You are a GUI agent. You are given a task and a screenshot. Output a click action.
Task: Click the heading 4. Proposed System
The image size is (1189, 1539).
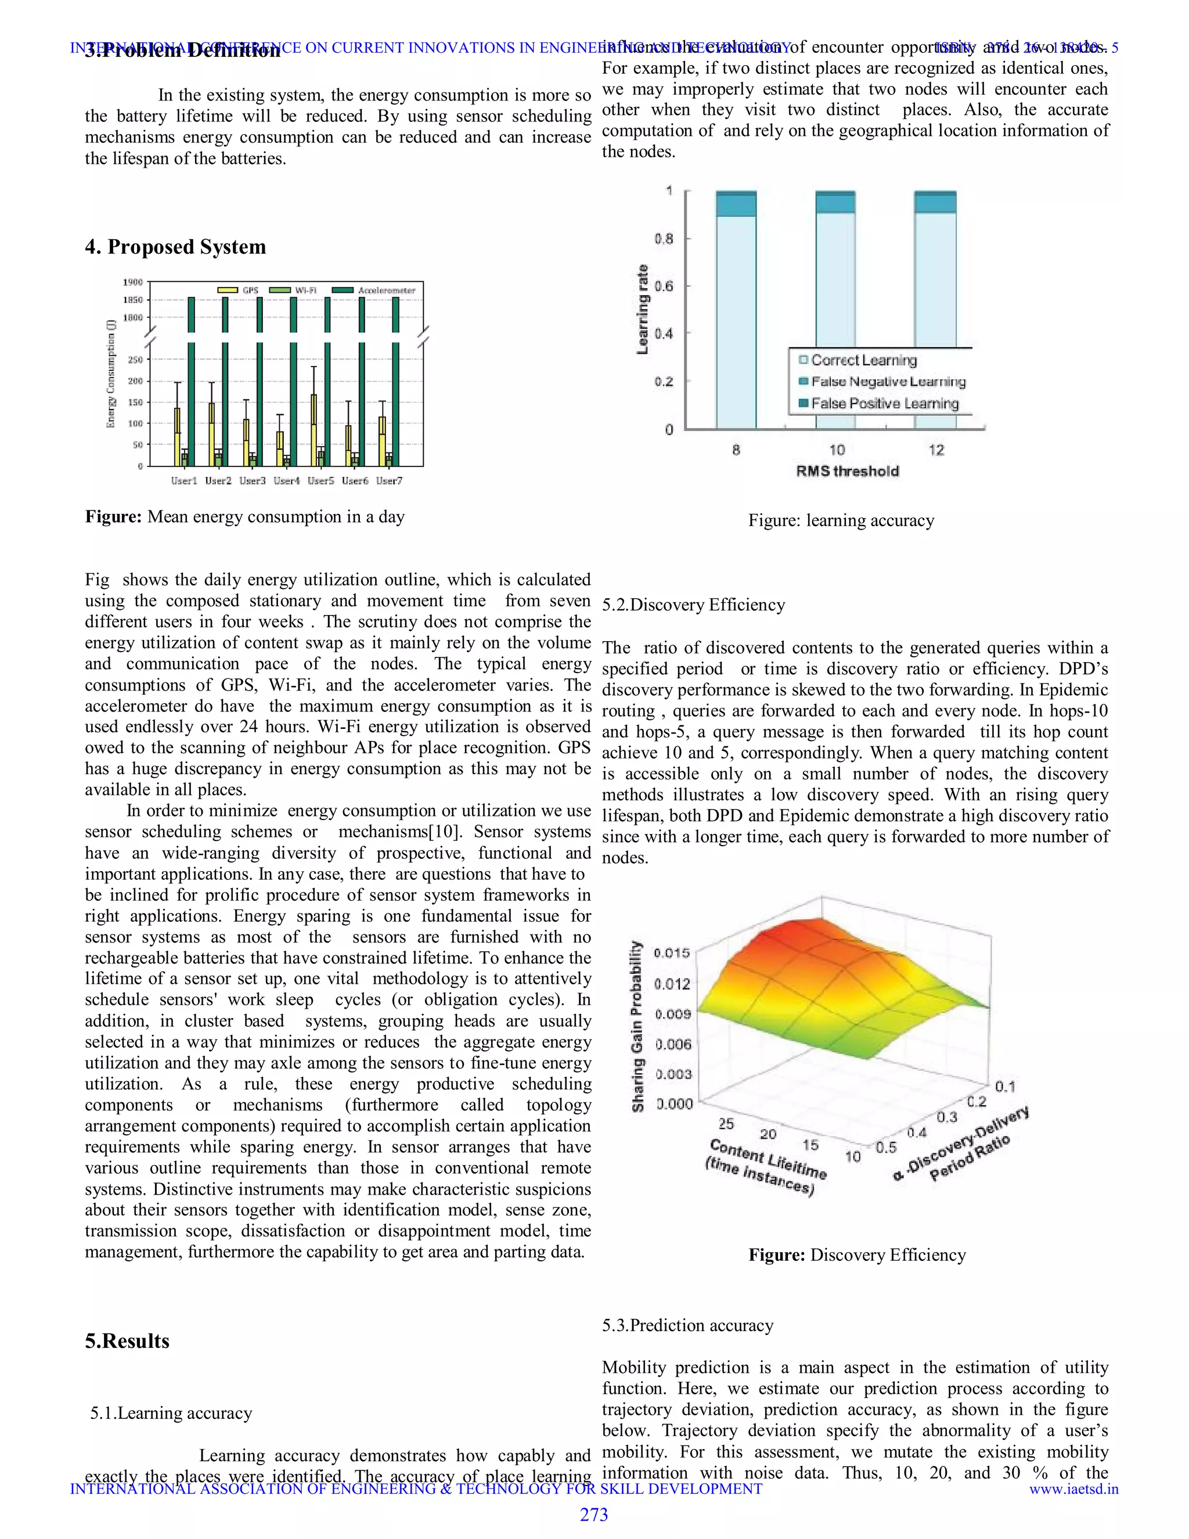point(175,247)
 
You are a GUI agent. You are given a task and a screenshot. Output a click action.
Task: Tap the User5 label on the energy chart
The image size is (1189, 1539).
point(320,481)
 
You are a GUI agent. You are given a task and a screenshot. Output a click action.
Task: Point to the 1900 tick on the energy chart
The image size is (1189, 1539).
point(133,282)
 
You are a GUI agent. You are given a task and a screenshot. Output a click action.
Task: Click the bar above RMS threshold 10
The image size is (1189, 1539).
point(835,310)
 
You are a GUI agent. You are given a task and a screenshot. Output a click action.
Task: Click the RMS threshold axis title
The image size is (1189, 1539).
point(848,471)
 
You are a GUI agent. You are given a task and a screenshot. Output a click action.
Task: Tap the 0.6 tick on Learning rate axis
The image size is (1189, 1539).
point(664,286)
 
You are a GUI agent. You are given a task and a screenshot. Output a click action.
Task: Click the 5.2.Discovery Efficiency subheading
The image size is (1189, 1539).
point(693,605)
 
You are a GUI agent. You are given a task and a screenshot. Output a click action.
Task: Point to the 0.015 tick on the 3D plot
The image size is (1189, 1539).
point(671,952)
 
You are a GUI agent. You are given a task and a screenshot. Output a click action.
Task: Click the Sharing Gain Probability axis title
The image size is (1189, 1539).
point(637,1027)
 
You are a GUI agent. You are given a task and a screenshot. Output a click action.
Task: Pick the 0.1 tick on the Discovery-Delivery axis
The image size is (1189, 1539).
point(1005,1086)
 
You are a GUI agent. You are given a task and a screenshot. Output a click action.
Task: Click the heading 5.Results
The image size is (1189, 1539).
point(128,1340)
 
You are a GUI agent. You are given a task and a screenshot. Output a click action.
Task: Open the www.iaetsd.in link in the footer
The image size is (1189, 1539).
point(1073,1488)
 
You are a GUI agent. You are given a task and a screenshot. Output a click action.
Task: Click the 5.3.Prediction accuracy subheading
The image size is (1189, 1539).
point(687,1325)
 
